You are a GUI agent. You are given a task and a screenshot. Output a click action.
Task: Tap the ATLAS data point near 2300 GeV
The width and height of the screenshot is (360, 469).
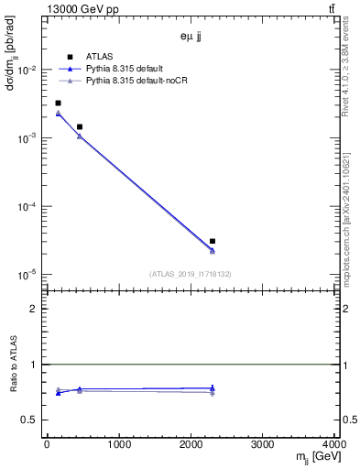[x=213, y=241]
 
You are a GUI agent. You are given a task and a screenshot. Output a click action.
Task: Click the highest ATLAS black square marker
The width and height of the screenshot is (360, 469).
[x=58, y=104]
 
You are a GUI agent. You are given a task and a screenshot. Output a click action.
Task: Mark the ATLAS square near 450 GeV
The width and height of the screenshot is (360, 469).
[x=80, y=126]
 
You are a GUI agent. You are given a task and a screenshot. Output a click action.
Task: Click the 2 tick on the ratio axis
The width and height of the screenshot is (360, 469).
[x=35, y=309]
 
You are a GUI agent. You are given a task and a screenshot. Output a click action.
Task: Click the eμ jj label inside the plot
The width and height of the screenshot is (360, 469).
[x=191, y=37]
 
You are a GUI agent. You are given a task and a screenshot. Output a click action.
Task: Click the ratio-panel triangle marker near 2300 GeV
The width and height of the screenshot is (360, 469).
[x=213, y=389]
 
